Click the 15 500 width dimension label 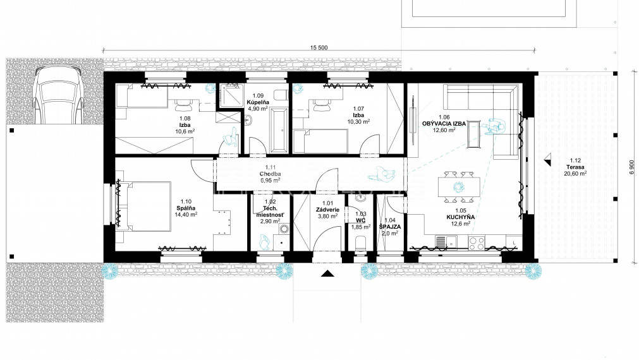[319, 47]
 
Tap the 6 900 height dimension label [631, 167]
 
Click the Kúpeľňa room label [257, 102]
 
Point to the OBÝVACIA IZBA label [444, 123]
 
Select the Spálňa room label [186, 208]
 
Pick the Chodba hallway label [270, 174]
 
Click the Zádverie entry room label [327, 210]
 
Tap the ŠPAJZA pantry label [390, 227]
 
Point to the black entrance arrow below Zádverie [327, 273]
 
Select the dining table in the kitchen [459, 187]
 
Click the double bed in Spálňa [144, 207]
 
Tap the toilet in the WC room [361, 246]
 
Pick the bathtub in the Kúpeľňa [279, 130]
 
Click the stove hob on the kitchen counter [476, 243]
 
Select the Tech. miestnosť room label [270, 212]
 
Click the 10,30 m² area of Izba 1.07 [358, 121]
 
